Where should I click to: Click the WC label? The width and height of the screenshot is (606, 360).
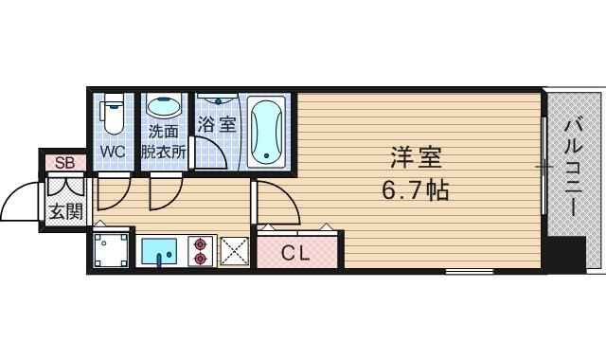point(113,152)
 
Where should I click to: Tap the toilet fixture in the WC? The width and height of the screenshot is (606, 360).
point(113,114)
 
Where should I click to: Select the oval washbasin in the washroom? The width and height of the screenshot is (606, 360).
point(164,106)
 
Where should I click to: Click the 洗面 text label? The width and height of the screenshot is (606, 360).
point(163,132)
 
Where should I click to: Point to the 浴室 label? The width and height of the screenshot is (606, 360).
point(217,124)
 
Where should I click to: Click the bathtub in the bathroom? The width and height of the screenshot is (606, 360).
point(266,132)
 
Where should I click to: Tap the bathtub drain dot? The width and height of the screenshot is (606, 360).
point(266,155)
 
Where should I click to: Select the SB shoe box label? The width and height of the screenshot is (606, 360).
point(65,163)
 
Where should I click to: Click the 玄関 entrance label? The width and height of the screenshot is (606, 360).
point(66,212)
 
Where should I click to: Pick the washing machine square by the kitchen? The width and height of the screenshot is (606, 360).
point(112,250)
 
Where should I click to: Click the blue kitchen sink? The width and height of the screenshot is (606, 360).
point(159,251)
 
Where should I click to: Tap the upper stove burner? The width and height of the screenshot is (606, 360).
point(200,244)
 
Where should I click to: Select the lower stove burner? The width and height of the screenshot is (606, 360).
point(200,259)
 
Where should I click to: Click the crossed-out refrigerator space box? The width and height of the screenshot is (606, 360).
point(234,251)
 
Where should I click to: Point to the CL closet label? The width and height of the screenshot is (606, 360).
point(295,254)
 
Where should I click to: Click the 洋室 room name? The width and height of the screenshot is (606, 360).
point(416,158)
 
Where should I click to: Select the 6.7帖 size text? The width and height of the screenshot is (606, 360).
point(416,189)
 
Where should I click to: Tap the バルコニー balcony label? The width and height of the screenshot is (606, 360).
point(574,169)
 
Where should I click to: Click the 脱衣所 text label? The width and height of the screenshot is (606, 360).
point(164,152)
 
